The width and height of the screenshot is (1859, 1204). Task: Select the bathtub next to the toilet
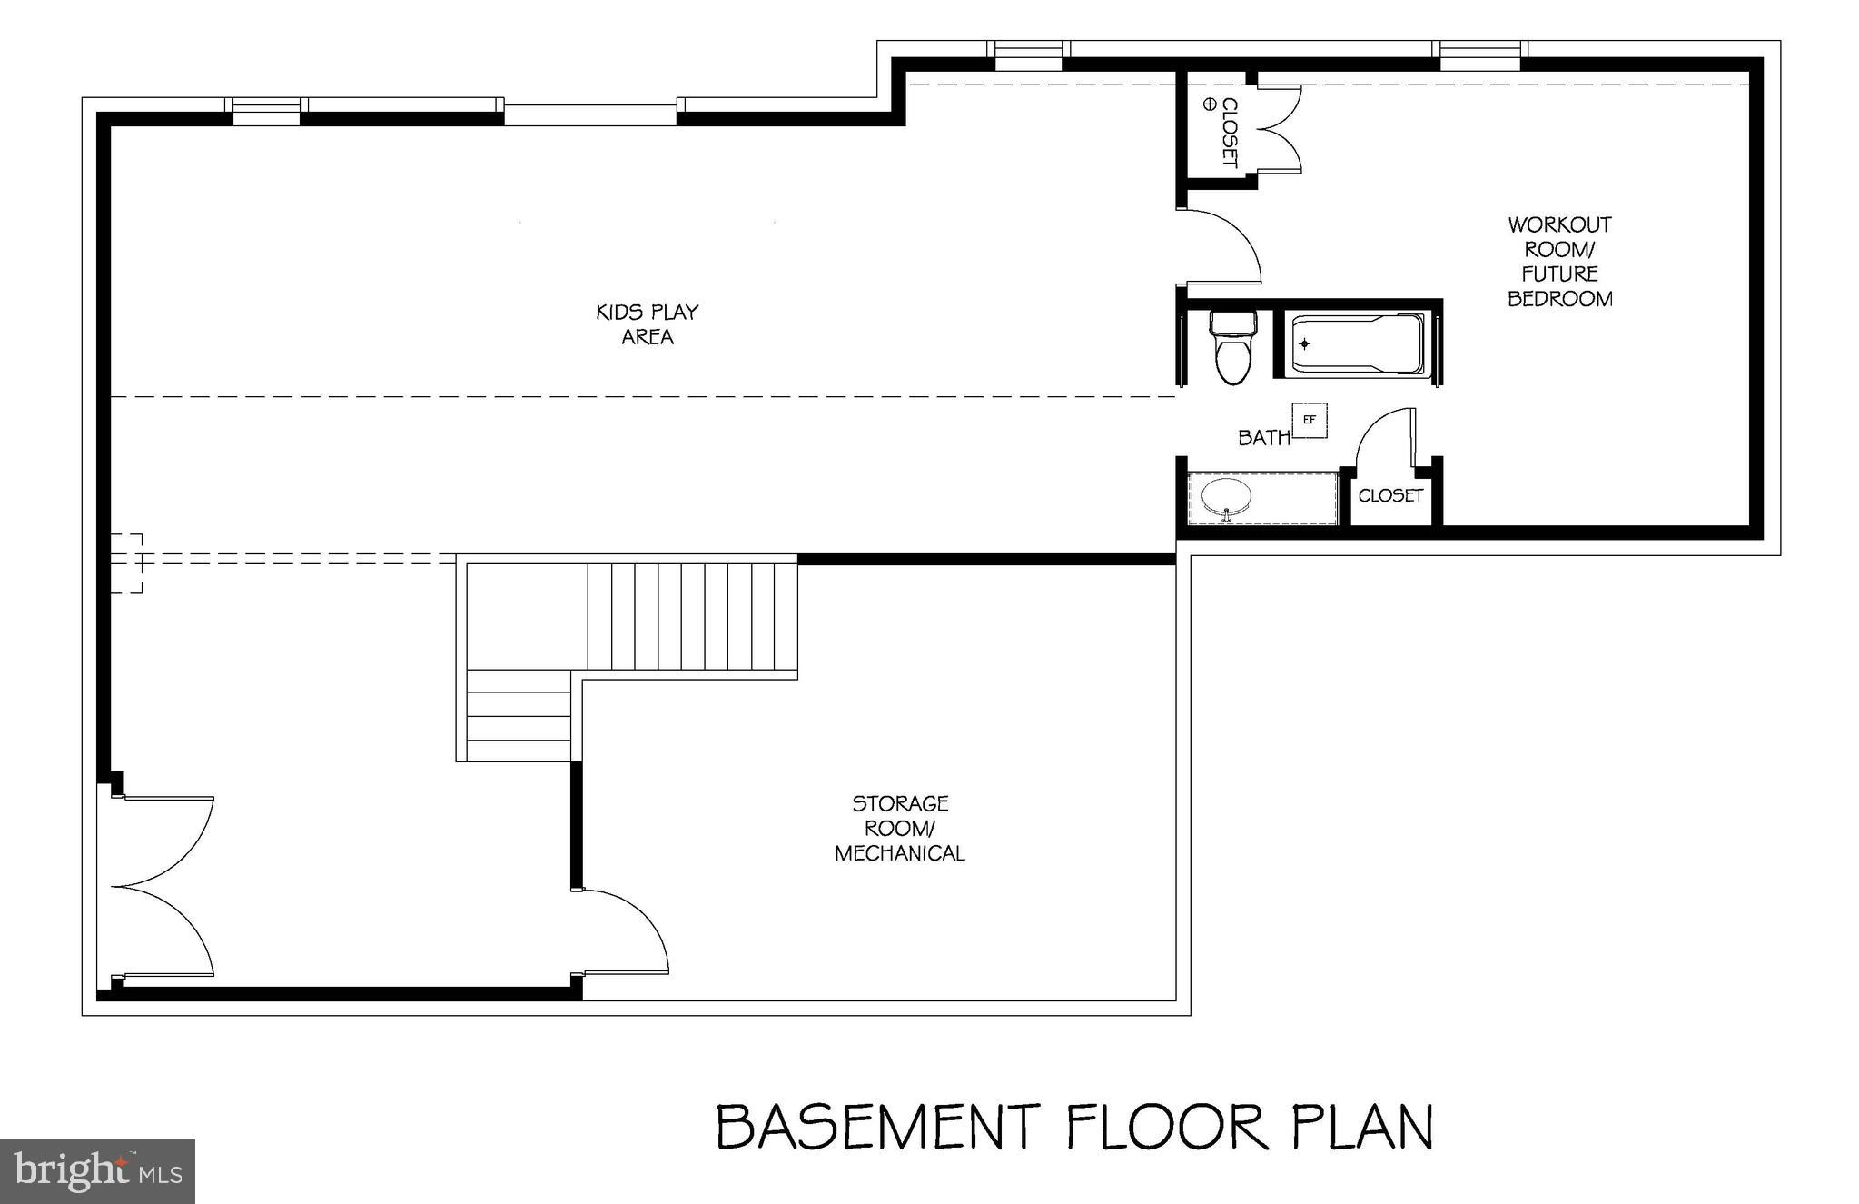(1357, 344)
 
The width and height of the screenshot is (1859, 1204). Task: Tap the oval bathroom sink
(1227, 497)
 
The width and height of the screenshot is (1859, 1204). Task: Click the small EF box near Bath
(1309, 420)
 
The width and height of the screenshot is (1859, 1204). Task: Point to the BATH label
(1263, 438)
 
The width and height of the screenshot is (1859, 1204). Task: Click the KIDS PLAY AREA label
(647, 324)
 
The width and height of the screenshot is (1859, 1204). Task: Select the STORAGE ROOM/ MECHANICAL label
(899, 828)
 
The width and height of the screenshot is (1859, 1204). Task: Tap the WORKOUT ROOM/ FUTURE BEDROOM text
(1559, 261)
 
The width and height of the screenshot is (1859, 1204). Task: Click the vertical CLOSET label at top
(1229, 133)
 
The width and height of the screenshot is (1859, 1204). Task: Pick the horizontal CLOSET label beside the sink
(1389, 495)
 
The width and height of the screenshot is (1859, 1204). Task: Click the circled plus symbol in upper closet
(1209, 104)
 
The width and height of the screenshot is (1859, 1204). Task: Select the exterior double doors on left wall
(163, 886)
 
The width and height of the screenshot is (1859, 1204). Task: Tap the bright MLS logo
(97, 1171)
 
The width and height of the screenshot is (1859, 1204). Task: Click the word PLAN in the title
(1361, 1127)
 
